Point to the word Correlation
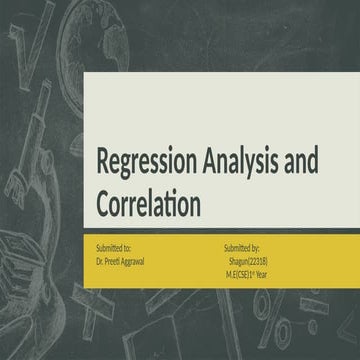149,202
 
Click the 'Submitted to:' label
113,245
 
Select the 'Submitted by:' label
243,245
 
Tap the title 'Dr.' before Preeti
100,258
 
